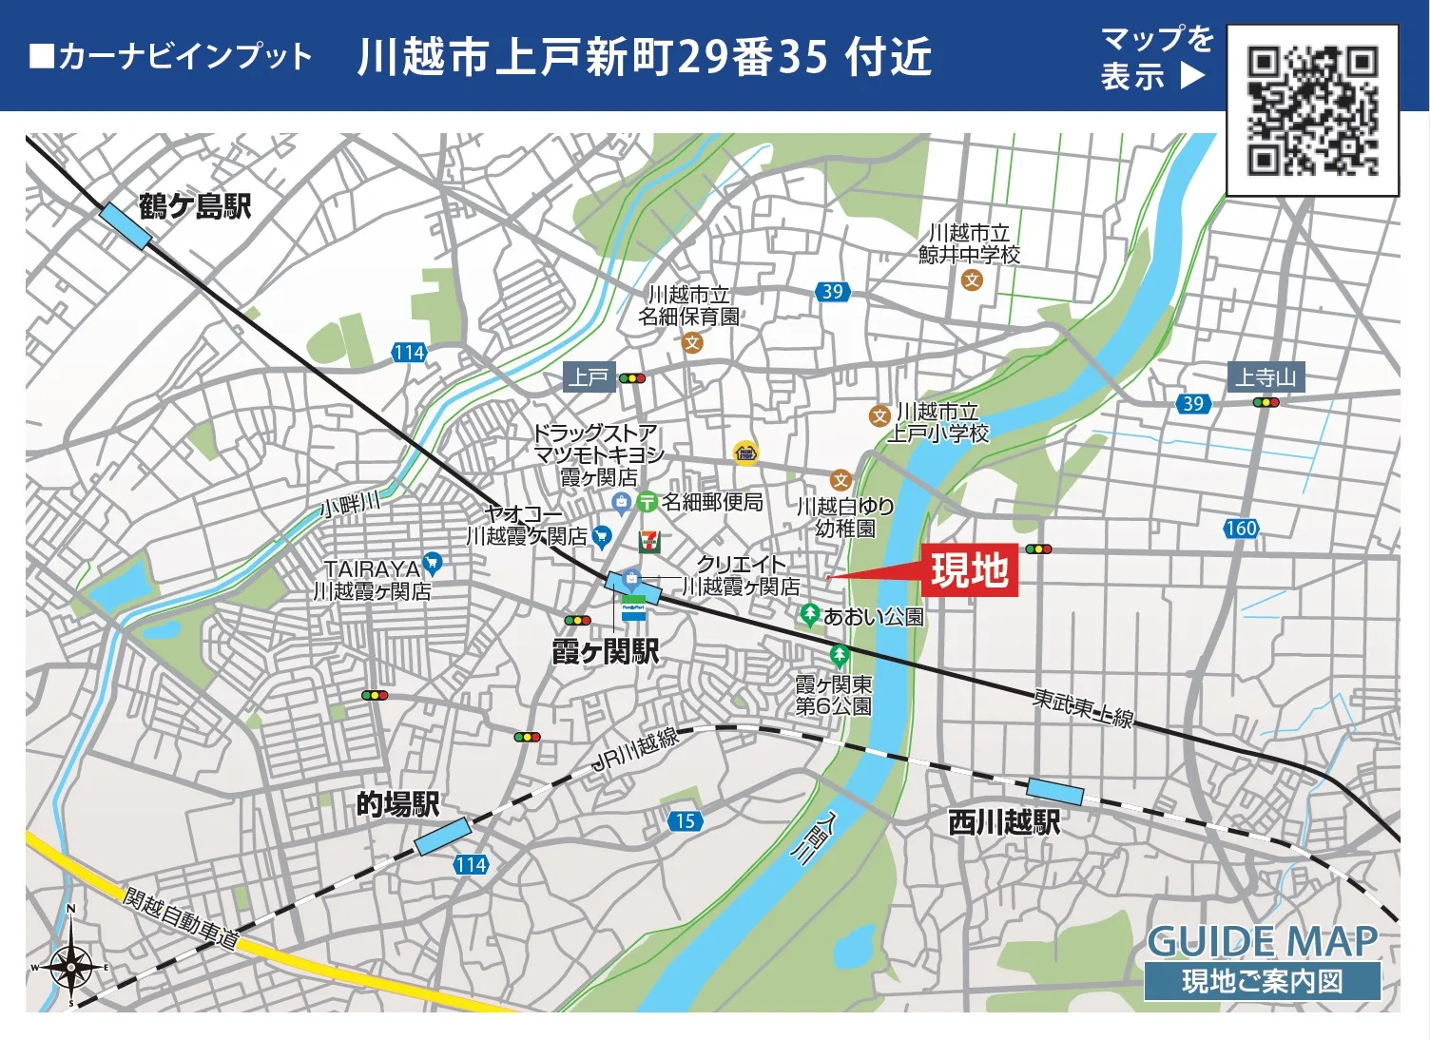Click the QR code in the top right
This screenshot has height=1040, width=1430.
click(x=1312, y=111)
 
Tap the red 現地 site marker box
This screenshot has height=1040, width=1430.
click(x=969, y=570)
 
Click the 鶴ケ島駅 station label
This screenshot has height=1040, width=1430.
click(x=195, y=206)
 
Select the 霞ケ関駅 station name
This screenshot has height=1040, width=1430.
click(x=605, y=652)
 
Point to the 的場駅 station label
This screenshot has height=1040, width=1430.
click(x=397, y=804)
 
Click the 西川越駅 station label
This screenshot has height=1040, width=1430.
click(x=1004, y=822)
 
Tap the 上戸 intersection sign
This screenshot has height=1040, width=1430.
click(x=589, y=377)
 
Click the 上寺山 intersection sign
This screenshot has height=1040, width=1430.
click(x=1266, y=377)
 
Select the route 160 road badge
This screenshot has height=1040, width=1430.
click(x=1241, y=529)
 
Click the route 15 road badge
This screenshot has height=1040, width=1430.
click(x=686, y=821)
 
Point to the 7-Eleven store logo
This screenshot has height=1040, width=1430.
click(x=649, y=541)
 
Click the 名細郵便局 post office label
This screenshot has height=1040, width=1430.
click(x=712, y=502)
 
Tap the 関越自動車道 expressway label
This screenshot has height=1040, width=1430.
click(x=180, y=918)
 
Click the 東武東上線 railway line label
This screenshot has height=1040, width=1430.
click(x=1083, y=708)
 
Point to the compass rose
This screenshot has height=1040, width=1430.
click(x=71, y=967)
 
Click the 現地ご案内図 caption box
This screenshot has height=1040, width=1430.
click(x=1262, y=981)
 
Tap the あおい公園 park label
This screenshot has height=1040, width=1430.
click(x=873, y=617)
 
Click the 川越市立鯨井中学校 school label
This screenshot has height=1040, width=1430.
click(x=969, y=243)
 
